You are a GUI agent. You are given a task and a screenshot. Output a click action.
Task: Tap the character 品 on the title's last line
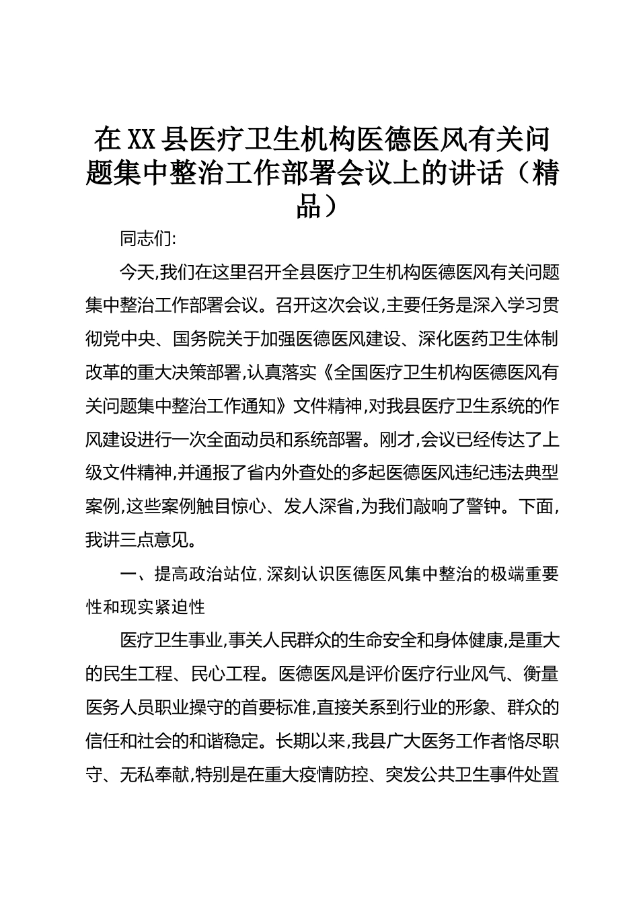[x=309, y=206]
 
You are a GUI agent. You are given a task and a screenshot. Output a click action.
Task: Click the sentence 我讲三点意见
[x=137, y=541]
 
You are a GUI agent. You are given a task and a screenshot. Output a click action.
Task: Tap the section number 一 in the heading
[x=128, y=574]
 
